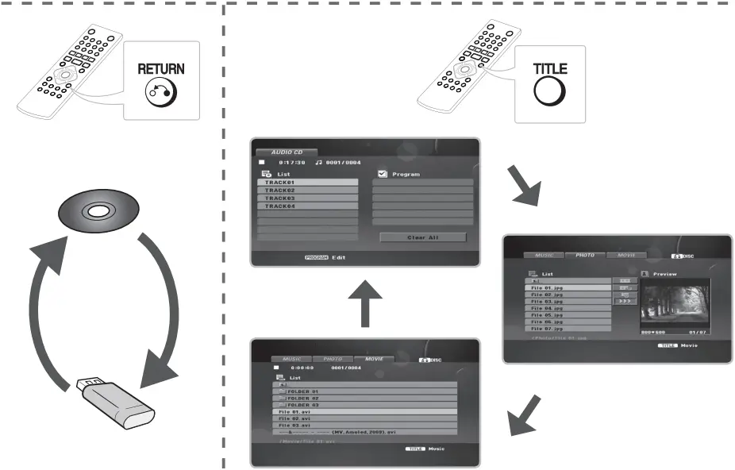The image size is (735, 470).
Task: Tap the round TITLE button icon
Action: (x=549, y=92)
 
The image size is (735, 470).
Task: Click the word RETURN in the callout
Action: (x=161, y=68)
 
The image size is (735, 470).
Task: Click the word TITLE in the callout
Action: (x=549, y=67)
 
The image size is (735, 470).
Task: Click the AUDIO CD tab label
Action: (x=286, y=152)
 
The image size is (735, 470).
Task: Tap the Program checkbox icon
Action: (x=381, y=173)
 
